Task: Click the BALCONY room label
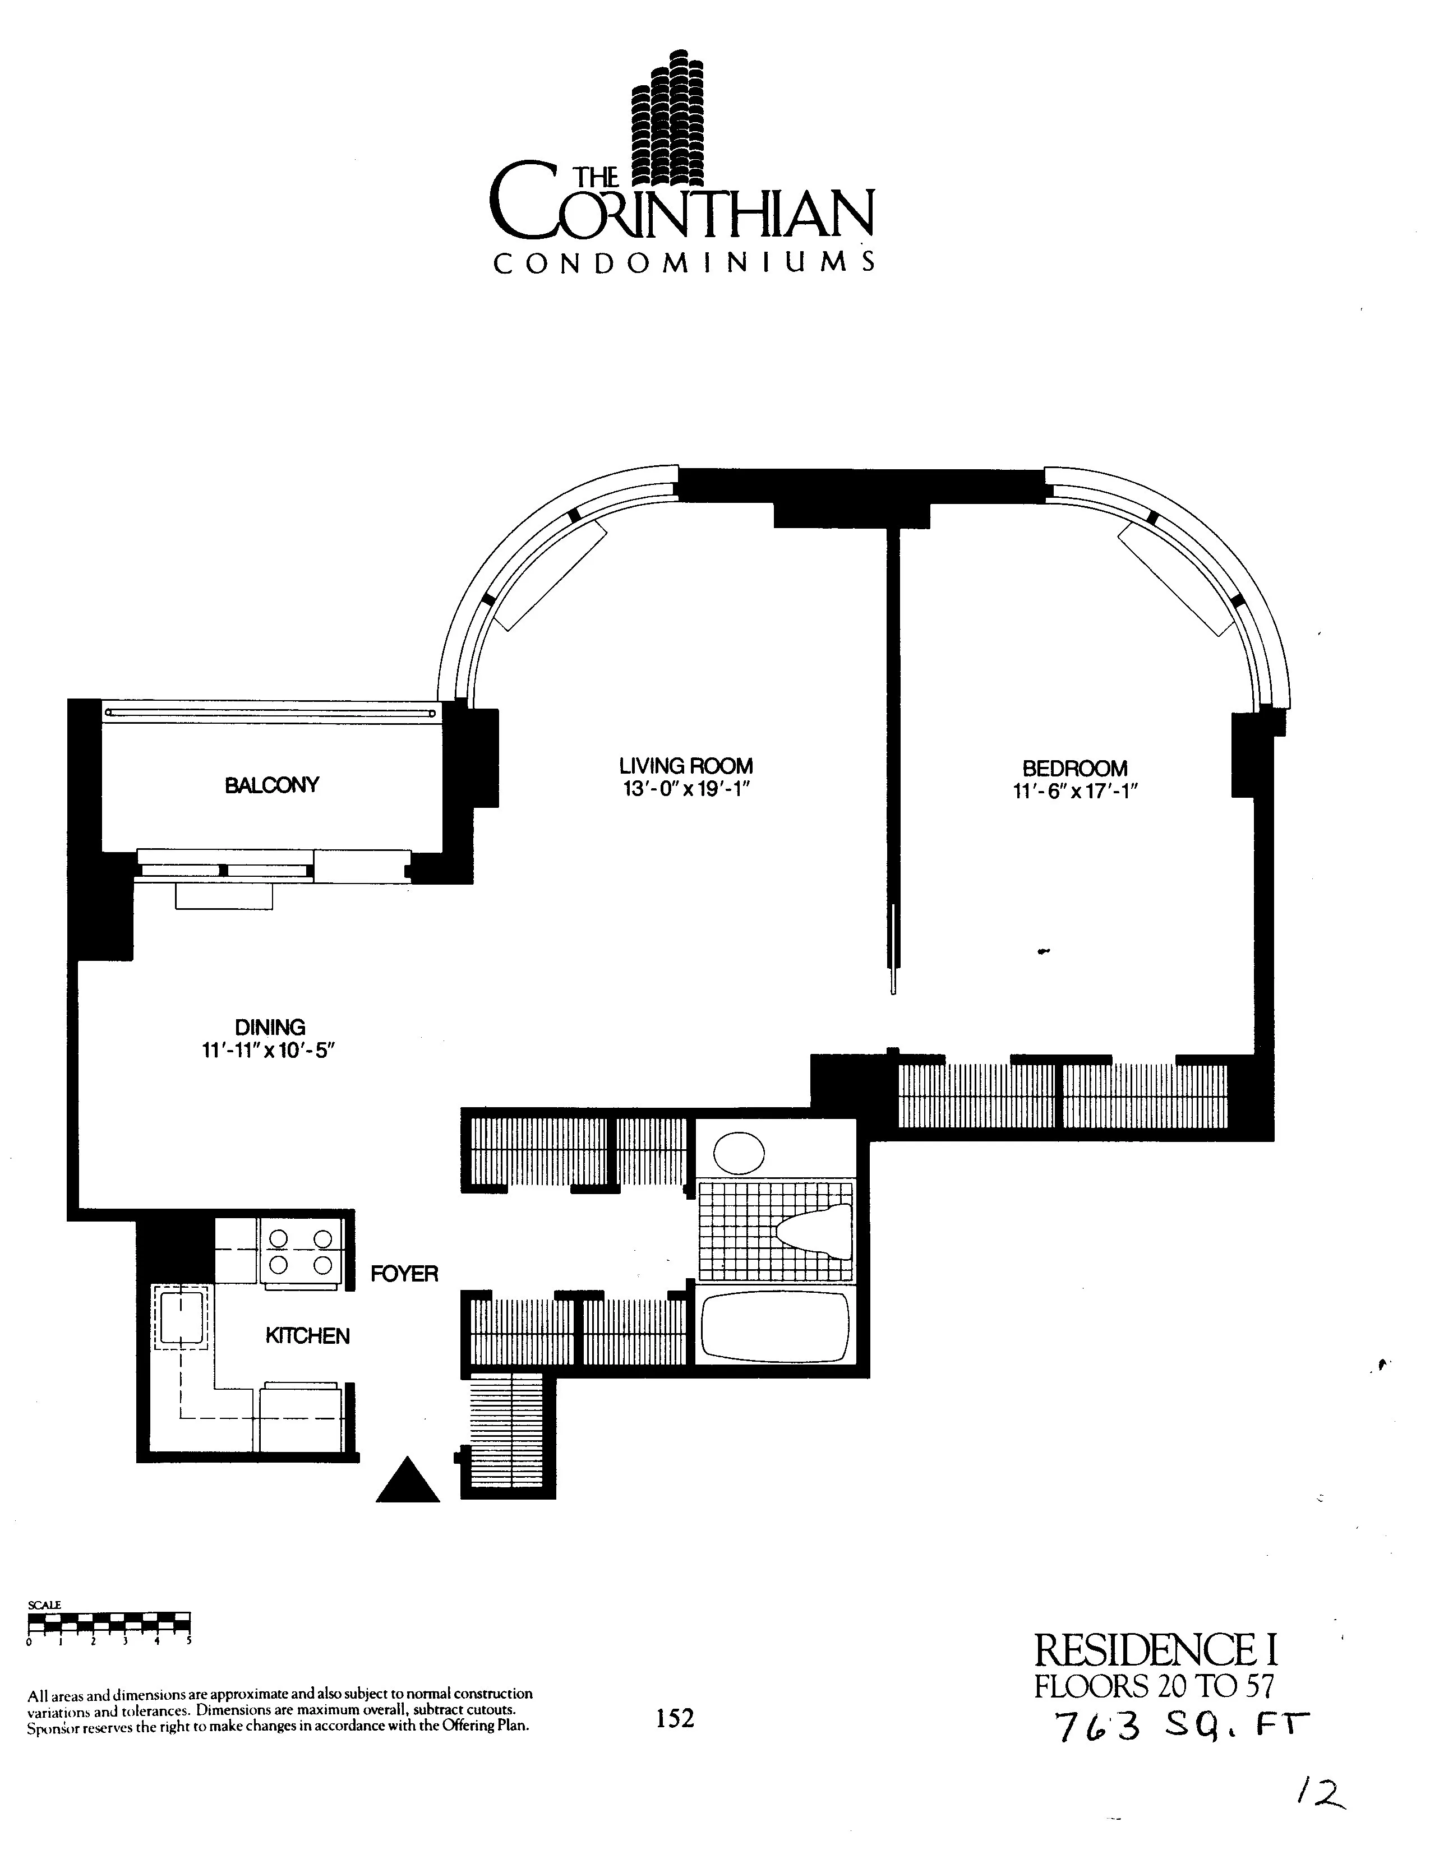(x=271, y=785)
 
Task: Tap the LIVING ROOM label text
(x=685, y=766)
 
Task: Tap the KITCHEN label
(x=307, y=1336)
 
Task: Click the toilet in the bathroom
(x=815, y=1227)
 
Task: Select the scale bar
(x=108, y=1623)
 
